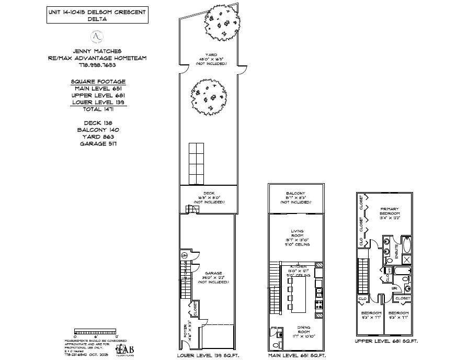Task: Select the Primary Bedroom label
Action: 390,213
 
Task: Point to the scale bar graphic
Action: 96,331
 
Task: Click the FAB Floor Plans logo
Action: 124,350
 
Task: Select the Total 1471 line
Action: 99,109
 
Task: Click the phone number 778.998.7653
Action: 99,65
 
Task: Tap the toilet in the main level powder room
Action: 275,345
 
